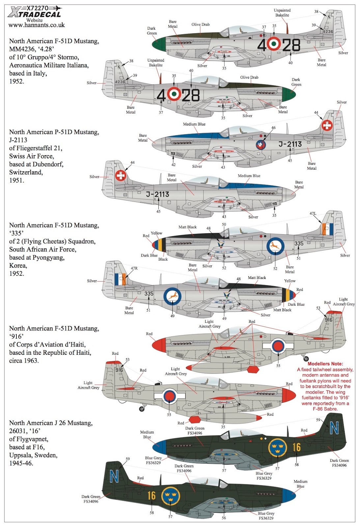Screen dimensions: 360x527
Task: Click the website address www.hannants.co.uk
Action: [x=37, y=25]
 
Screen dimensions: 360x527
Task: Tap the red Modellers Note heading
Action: [x=325, y=364]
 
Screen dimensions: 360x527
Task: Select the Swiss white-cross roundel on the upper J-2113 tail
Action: [x=327, y=125]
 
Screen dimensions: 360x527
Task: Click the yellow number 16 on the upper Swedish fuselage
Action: [x=296, y=447]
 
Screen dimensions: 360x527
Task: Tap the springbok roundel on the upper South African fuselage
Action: [x=275, y=246]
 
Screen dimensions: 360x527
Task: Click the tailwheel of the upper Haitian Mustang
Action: [x=306, y=358]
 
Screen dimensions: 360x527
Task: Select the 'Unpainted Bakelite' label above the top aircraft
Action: [x=282, y=13]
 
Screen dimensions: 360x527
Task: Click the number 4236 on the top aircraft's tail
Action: [x=328, y=32]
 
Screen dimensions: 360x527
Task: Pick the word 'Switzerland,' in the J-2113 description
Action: [x=26, y=173]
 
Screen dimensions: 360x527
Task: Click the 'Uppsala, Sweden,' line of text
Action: [x=33, y=455]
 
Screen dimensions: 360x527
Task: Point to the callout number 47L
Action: [x=313, y=214]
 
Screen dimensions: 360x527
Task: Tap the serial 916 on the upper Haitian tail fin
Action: [x=328, y=320]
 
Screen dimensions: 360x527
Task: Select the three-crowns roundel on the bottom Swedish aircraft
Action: [x=171, y=496]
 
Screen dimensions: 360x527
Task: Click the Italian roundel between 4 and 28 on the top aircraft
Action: [x=274, y=43]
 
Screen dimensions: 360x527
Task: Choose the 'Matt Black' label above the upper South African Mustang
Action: [x=187, y=227]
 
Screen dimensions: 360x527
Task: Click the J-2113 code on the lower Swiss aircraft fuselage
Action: [x=158, y=194]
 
